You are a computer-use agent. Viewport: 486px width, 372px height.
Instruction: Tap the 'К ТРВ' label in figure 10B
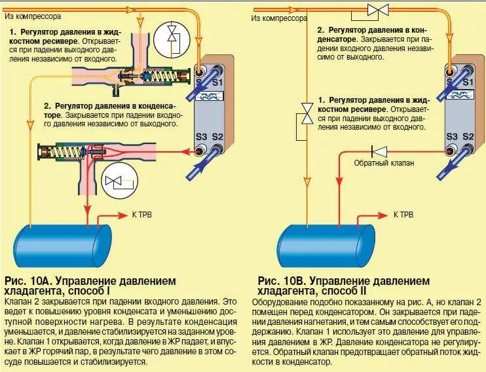coord(403,214)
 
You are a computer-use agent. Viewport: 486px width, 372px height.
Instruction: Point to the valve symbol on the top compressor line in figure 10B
coord(377,10)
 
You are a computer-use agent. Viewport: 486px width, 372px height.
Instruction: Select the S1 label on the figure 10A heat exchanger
coord(218,82)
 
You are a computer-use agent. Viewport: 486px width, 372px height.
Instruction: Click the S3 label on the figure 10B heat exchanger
coord(451,136)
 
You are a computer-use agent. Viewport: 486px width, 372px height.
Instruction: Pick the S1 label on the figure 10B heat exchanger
coord(467,82)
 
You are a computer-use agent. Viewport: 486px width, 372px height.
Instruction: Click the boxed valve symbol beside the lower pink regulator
coord(119,181)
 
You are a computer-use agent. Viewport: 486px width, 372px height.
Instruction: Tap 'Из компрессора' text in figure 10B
coord(278,18)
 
